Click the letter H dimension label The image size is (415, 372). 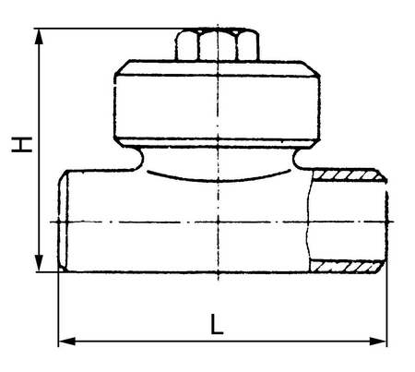click(22, 144)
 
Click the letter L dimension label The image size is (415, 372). click(217, 324)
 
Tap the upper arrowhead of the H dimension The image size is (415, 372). click(39, 37)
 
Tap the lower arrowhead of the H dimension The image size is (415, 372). click(39, 263)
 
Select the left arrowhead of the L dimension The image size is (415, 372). click(66, 342)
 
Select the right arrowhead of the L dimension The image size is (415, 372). click(378, 342)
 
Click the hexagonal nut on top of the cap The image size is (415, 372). click(218, 45)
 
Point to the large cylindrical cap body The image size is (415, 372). click(218, 106)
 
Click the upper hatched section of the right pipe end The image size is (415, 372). click(349, 174)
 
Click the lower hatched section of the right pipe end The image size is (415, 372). click(347, 266)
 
